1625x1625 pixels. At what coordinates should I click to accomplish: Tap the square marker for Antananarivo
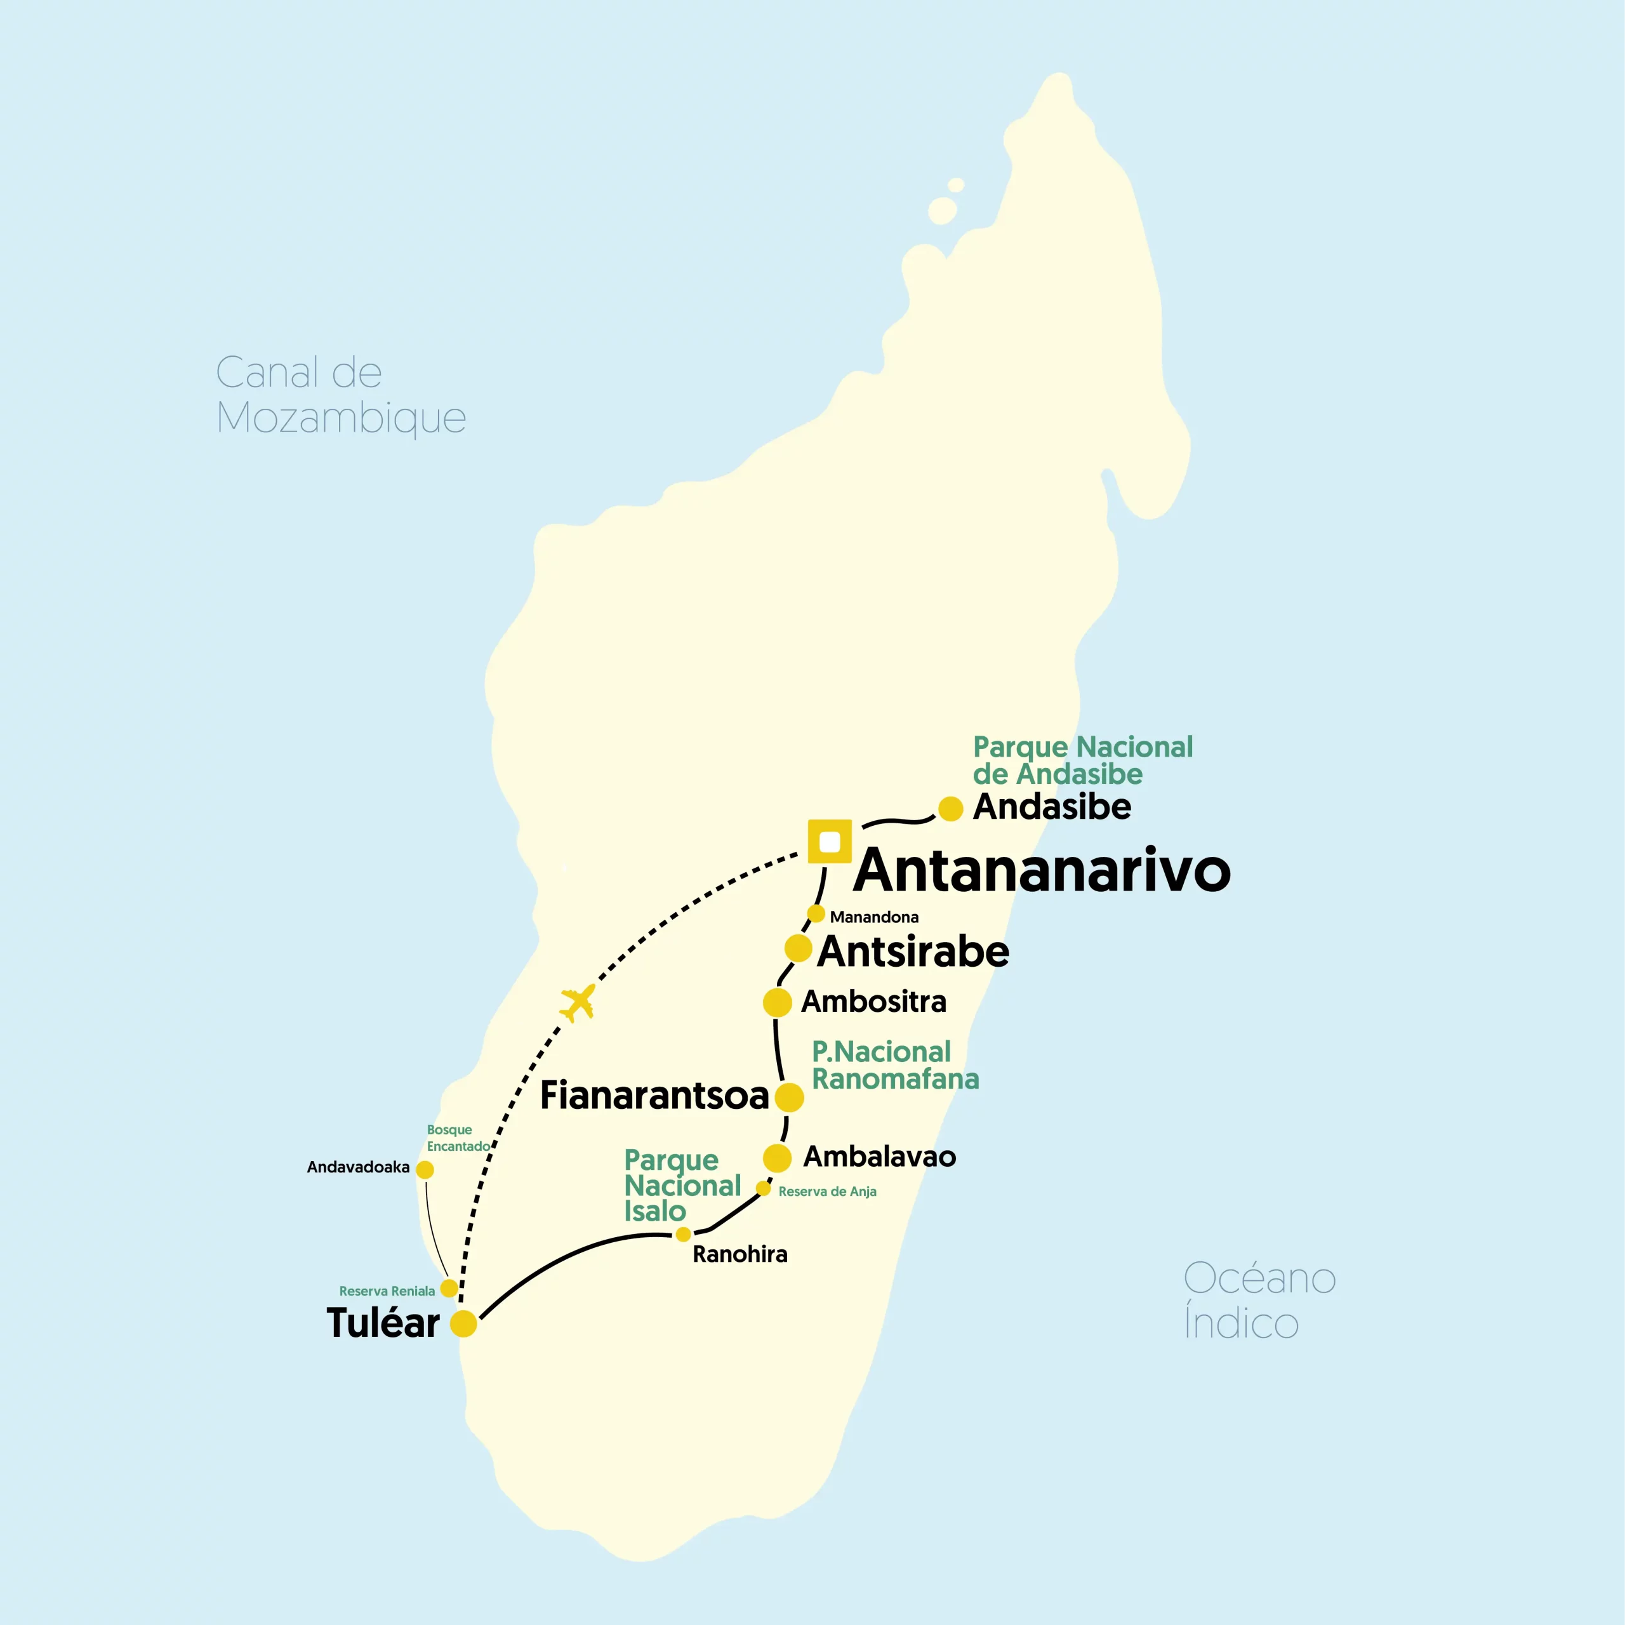point(830,841)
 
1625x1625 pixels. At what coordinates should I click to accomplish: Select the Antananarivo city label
point(1042,870)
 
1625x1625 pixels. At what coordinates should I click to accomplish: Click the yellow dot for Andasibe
point(950,808)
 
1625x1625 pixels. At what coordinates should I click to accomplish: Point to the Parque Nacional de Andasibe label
point(1082,760)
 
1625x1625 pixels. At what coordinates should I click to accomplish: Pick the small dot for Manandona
point(816,913)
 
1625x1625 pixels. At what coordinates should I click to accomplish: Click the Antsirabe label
point(913,952)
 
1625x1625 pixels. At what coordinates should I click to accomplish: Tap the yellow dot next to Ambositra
point(777,1002)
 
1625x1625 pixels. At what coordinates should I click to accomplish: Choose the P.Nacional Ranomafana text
point(894,1065)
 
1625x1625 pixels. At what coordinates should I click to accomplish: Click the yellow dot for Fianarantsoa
point(789,1097)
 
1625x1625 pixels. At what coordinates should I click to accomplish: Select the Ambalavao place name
point(879,1157)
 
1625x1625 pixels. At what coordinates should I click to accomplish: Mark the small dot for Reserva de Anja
point(764,1188)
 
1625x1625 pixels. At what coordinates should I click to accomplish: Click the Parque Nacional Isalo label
point(681,1185)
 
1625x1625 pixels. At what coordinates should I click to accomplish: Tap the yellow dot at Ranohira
point(684,1235)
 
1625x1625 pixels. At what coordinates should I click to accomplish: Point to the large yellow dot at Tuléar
point(463,1323)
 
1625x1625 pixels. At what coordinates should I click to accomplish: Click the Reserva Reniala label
point(387,1291)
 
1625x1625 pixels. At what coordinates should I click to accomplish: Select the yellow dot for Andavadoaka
point(425,1170)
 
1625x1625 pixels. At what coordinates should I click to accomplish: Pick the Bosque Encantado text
point(458,1138)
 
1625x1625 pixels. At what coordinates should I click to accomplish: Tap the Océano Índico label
point(1259,1301)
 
